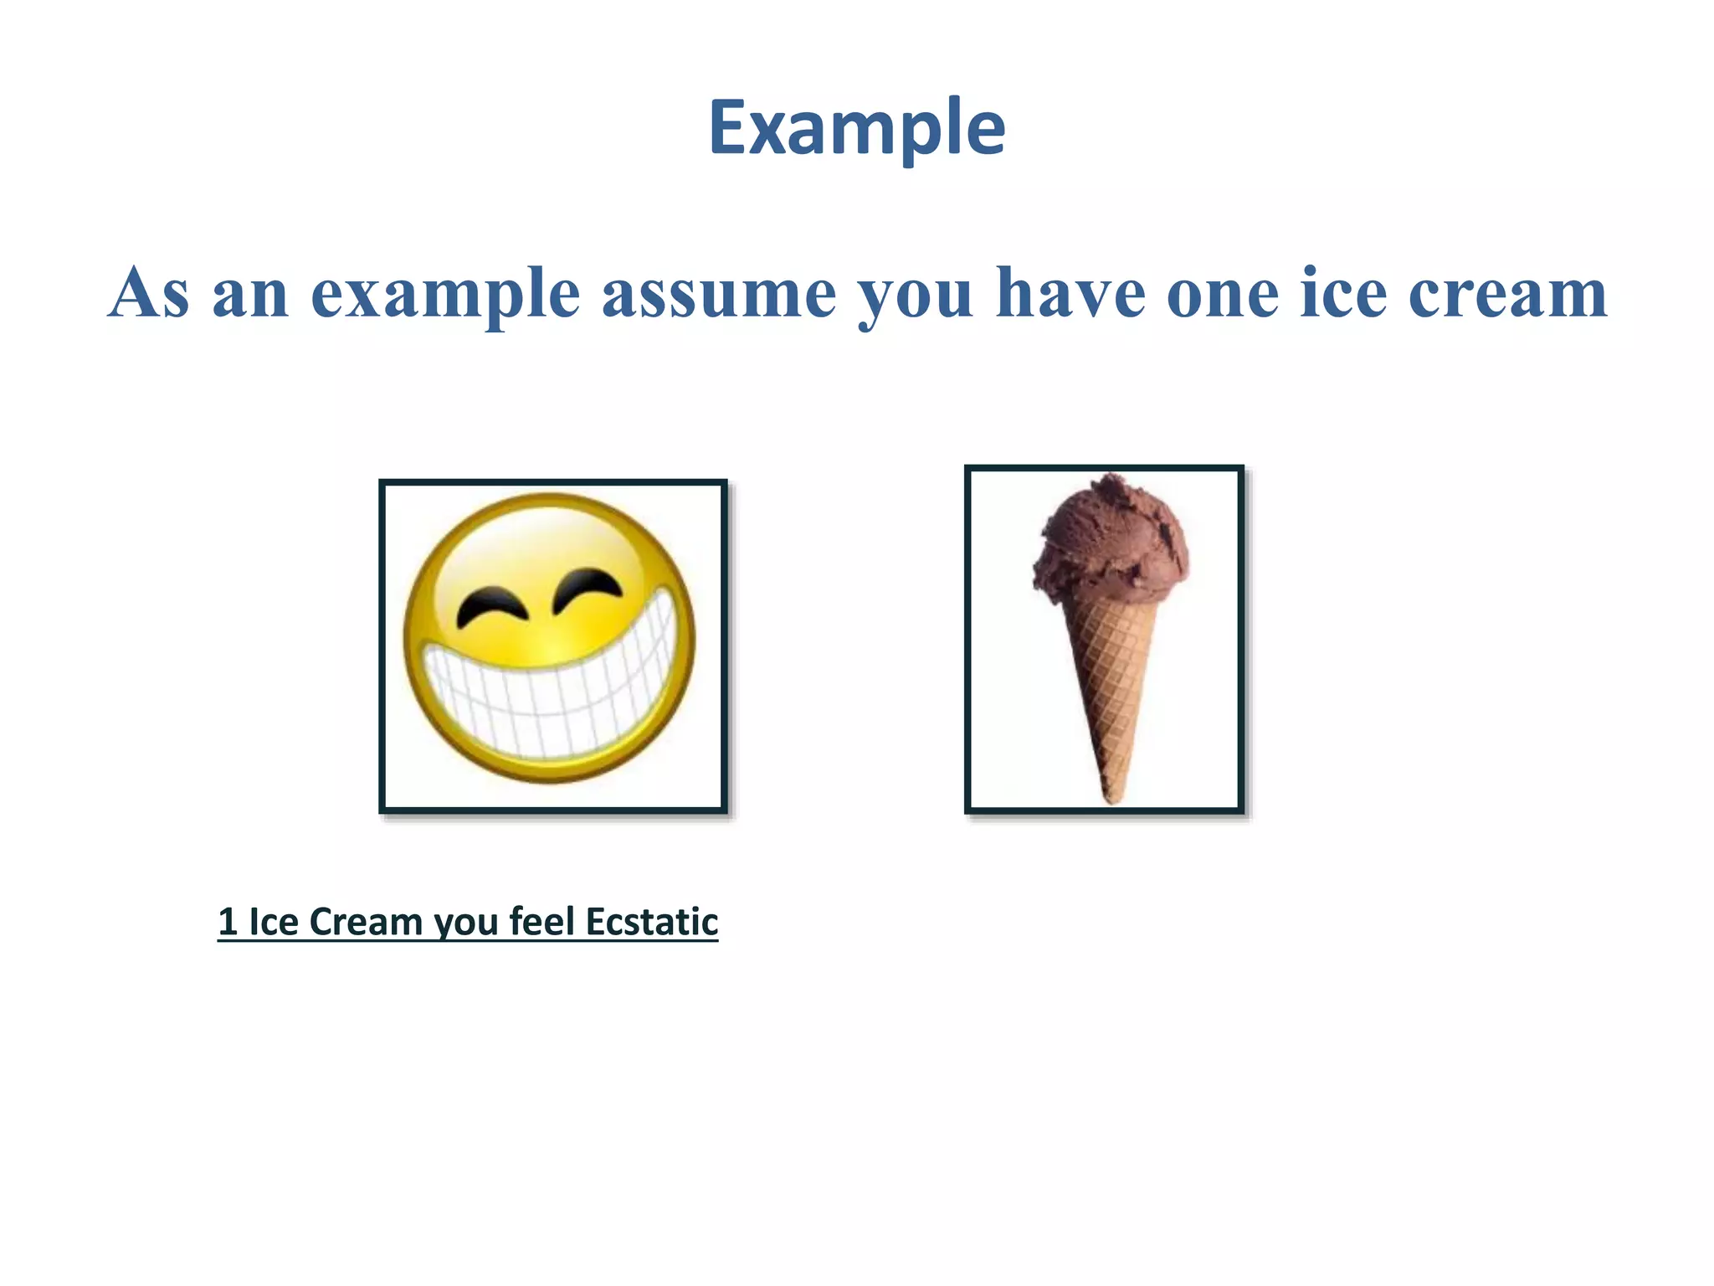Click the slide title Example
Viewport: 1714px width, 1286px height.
(856, 127)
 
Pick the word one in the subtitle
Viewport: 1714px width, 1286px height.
(1223, 295)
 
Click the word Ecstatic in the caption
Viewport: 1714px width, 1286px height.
(651, 922)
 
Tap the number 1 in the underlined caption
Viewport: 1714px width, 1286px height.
(227, 922)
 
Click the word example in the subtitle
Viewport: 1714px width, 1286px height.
(444, 295)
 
